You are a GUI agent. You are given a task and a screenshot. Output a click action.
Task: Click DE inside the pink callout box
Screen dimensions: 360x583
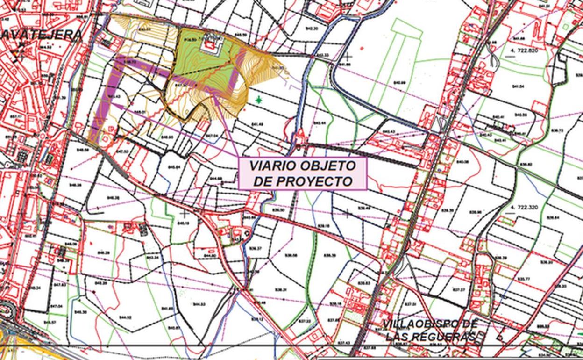[x=264, y=181]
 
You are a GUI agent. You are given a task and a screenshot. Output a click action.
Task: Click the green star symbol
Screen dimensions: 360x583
[x=259, y=100]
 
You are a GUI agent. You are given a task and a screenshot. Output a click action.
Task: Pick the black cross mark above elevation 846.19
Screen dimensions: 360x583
[x=185, y=214]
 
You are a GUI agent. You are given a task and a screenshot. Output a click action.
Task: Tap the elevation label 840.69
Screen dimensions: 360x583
[x=399, y=83]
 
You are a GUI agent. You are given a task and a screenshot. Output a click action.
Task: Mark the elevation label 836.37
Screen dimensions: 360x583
[x=256, y=248]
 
